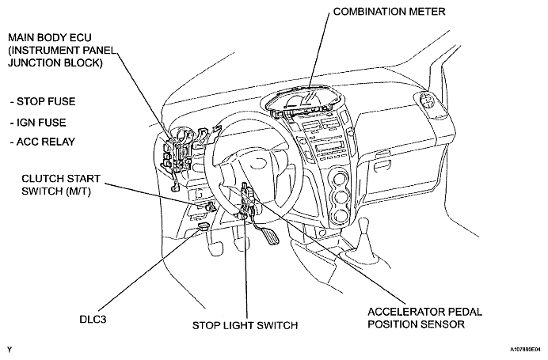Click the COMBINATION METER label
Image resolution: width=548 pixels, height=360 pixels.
point(389,12)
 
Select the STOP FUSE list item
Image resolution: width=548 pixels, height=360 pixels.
point(43,101)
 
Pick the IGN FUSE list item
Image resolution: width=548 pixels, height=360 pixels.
point(38,123)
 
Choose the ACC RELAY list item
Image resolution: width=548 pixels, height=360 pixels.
point(43,142)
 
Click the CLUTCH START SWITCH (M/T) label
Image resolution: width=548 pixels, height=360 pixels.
point(61,184)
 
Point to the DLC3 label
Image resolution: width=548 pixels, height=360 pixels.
point(93,319)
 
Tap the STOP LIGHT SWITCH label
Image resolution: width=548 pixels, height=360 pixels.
point(245,325)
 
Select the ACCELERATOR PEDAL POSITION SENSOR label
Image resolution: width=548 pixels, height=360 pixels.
point(424,318)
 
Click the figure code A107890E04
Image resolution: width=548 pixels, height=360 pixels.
point(525,349)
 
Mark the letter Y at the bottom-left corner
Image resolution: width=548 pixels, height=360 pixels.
point(10,349)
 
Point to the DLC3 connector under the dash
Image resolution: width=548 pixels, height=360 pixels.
point(204,225)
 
